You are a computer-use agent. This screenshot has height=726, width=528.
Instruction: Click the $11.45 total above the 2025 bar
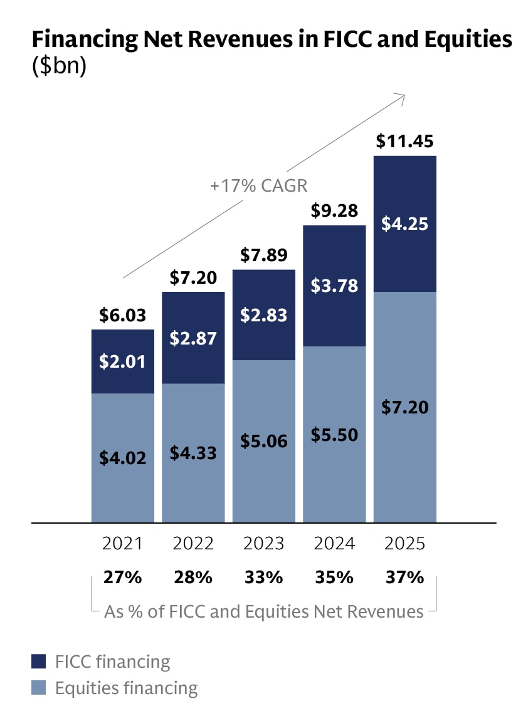coord(404,142)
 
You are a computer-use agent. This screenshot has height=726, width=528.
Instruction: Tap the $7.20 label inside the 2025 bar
coord(404,408)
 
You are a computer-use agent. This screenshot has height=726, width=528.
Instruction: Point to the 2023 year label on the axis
coord(263,544)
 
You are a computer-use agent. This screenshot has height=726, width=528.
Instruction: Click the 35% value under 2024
coord(334,577)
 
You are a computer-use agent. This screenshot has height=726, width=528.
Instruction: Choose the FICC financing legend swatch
coord(39,661)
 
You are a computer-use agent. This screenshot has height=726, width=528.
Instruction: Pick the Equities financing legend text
coord(126,688)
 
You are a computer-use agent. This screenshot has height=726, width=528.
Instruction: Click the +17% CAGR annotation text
coord(261,185)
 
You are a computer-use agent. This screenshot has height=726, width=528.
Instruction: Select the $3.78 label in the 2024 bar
coord(334,286)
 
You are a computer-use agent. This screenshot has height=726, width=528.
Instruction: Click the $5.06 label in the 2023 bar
coord(263,441)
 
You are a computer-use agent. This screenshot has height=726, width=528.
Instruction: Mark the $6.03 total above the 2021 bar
coord(122,316)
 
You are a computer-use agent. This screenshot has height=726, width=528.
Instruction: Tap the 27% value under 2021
coord(122,577)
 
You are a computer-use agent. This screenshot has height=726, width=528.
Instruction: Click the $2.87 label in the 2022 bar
coord(193,338)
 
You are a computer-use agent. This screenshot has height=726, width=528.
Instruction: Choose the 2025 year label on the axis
coord(404,544)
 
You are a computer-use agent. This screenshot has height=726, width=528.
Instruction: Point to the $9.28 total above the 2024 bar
coord(334,211)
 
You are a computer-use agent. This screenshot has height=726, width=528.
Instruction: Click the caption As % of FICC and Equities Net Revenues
coord(263,611)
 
